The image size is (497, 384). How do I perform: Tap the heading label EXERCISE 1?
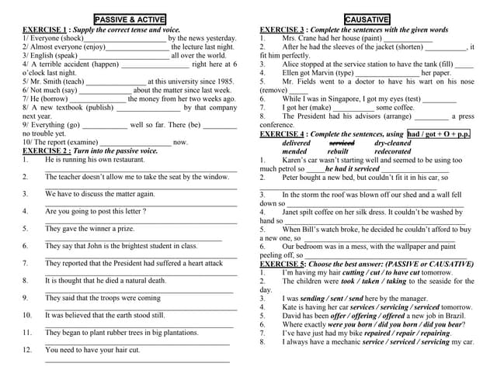[45, 29]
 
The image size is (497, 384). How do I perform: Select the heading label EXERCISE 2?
[45, 150]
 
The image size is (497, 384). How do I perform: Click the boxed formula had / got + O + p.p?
[440, 134]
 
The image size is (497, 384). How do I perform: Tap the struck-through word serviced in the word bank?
[342, 144]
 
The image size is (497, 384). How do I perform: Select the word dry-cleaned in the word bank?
[393, 144]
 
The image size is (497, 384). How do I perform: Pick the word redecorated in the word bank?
[393, 152]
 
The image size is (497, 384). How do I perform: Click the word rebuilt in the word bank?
[338, 152]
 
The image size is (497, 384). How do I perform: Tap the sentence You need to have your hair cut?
[92, 350]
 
